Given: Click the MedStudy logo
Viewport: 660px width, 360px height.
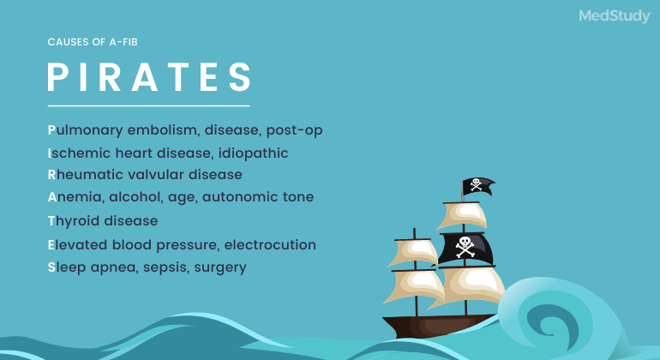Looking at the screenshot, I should [x=614, y=16].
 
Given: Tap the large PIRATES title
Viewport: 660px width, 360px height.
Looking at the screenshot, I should [x=149, y=76].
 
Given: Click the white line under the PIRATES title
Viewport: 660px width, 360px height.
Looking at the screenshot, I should [x=147, y=106].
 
